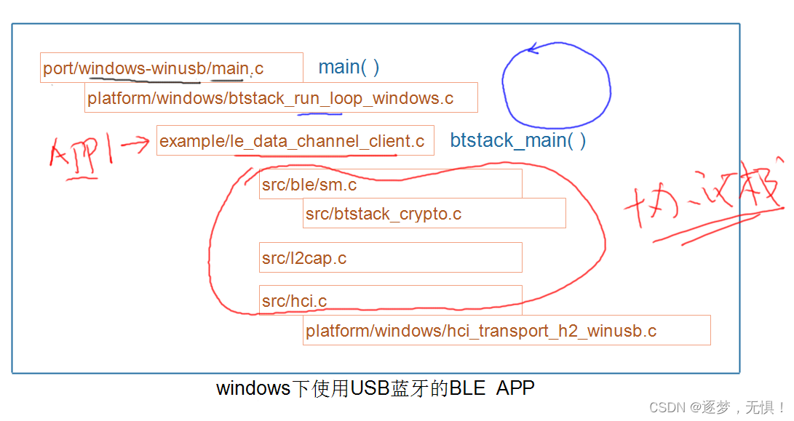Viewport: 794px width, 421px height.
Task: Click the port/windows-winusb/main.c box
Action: pos(171,68)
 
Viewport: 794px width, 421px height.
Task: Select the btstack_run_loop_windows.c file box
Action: pos(281,98)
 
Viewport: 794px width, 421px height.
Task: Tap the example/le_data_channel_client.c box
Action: pos(295,141)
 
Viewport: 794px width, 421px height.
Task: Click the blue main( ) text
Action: pos(349,68)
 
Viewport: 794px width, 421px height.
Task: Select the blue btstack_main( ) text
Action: pos(517,140)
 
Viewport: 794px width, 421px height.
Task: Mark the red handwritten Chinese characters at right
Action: pos(702,204)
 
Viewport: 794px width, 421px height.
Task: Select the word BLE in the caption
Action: pos(467,388)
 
